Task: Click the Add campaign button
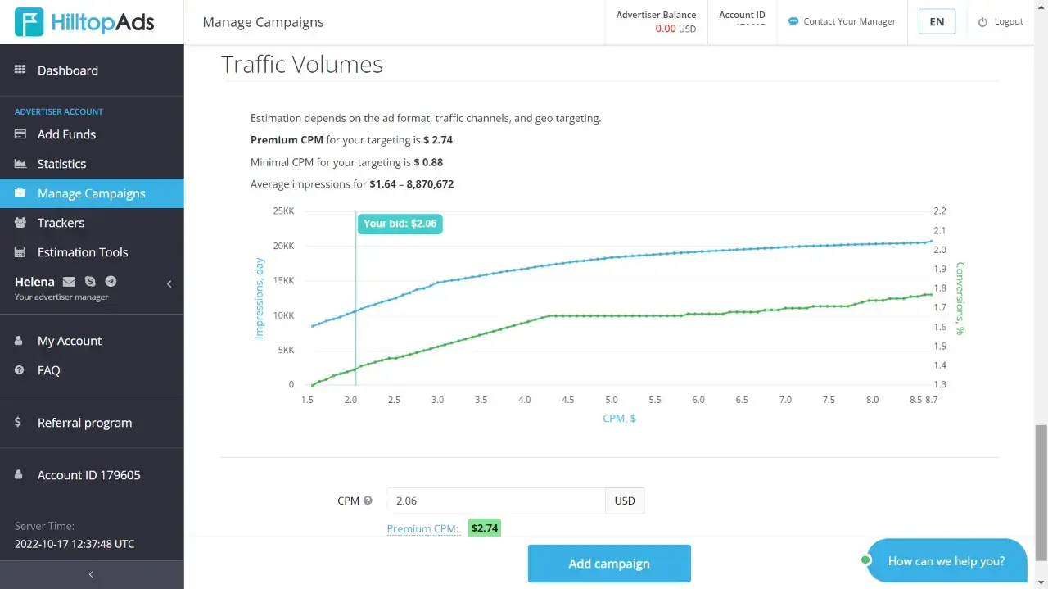click(x=609, y=564)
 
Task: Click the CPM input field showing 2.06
click(x=495, y=501)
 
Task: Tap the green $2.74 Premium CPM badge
click(x=484, y=528)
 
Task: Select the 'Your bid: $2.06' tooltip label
click(x=400, y=224)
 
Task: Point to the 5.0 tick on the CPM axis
click(x=612, y=400)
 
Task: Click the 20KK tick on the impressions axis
click(x=283, y=246)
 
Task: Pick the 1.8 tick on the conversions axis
click(x=939, y=288)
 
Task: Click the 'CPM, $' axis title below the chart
click(x=619, y=418)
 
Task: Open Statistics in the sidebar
click(x=61, y=164)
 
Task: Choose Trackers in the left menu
click(x=61, y=223)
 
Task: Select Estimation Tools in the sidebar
click(x=83, y=252)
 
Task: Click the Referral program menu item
click(x=84, y=423)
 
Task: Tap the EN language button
click(x=937, y=22)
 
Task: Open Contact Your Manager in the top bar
click(x=849, y=22)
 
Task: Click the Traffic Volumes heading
click(x=302, y=65)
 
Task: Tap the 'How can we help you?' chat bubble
click(x=946, y=561)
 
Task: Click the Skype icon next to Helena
click(x=90, y=282)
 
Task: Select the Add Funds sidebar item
click(x=66, y=134)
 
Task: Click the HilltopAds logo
click(x=85, y=22)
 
